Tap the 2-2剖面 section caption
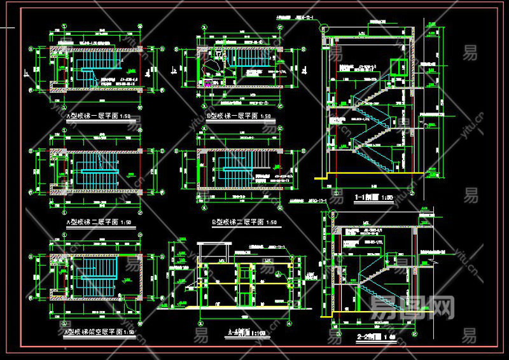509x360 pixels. [375, 336]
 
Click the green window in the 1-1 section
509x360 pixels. [399, 67]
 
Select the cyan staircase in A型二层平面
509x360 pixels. [95, 167]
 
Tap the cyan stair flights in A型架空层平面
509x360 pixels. [95, 270]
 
